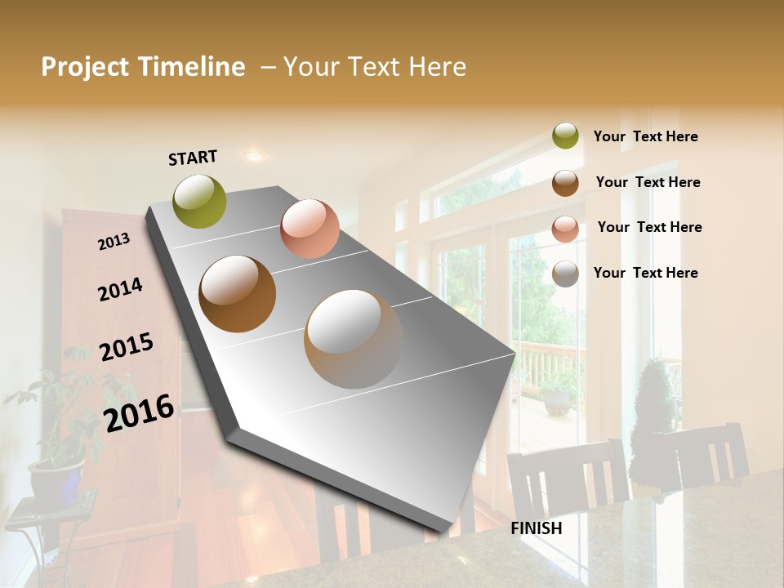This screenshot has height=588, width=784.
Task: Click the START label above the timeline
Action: pos(193,157)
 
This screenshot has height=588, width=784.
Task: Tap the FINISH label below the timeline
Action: pos(537,528)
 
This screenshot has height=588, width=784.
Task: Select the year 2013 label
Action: pos(114,242)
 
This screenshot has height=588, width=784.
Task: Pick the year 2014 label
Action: pos(120,289)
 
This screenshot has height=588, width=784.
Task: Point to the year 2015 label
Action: pos(127,347)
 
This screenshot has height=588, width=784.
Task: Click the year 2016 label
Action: pos(139,412)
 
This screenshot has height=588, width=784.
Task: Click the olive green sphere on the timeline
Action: pos(200,201)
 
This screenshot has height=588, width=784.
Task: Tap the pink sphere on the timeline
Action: pos(310,229)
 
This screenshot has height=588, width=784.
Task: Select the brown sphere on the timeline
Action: pos(238,294)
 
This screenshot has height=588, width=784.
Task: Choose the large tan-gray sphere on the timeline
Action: pos(354,338)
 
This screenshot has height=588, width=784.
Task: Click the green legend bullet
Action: pos(565,136)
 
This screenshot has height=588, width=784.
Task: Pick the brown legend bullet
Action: pos(565,183)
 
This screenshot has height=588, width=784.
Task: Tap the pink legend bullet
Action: pos(565,229)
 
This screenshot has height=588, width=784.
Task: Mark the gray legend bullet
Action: pos(565,274)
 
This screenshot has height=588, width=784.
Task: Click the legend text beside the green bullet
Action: pos(645,136)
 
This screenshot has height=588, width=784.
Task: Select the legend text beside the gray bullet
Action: pos(645,273)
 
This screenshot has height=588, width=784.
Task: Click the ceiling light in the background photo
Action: pos(255,155)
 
